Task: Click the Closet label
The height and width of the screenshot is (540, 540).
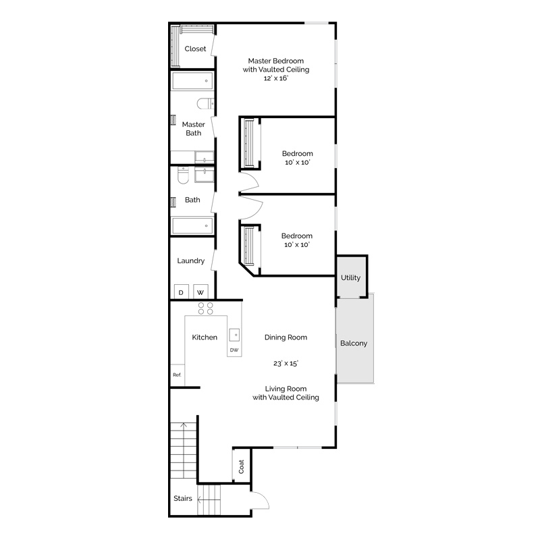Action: click(x=195, y=49)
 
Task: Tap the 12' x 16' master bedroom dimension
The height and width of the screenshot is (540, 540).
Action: click(x=276, y=78)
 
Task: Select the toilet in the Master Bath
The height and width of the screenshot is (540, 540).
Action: click(x=206, y=103)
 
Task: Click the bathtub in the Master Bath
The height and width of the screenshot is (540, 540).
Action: click(x=192, y=81)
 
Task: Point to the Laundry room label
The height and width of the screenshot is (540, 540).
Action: click(x=191, y=261)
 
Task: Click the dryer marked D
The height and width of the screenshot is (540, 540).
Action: click(x=181, y=292)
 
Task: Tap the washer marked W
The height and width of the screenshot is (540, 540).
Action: click(x=200, y=292)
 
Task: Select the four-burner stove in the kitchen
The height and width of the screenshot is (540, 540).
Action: click(x=206, y=308)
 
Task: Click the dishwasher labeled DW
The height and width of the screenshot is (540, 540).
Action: click(x=234, y=350)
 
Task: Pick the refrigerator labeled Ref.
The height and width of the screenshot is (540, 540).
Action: click(x=178, y=375)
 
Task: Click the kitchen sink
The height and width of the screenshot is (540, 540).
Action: click(x=234, y=335)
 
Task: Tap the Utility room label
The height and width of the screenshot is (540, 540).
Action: click(x=350, y=277)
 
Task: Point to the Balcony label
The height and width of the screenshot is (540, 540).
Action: click(x=354, y=344)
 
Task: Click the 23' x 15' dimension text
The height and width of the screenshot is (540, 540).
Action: click(x=286, y=363)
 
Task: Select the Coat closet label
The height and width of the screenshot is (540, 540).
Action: click(x=241, y=466)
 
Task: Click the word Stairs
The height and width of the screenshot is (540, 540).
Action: click(x=182, y=498)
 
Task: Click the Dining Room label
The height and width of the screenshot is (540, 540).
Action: click(x=286, y=337)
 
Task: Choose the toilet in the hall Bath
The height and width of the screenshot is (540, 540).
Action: click(x=183, y=175)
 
